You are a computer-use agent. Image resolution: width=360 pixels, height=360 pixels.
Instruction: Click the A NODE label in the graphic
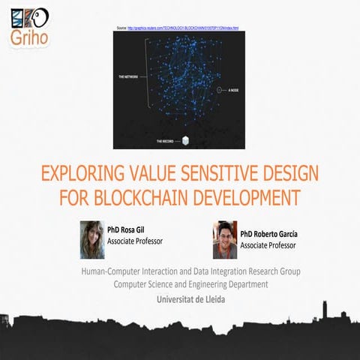(235, 89)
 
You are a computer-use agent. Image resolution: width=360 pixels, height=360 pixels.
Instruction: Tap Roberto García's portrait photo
(224, 238)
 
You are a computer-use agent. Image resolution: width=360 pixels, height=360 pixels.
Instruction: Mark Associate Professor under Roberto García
(268, 245)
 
